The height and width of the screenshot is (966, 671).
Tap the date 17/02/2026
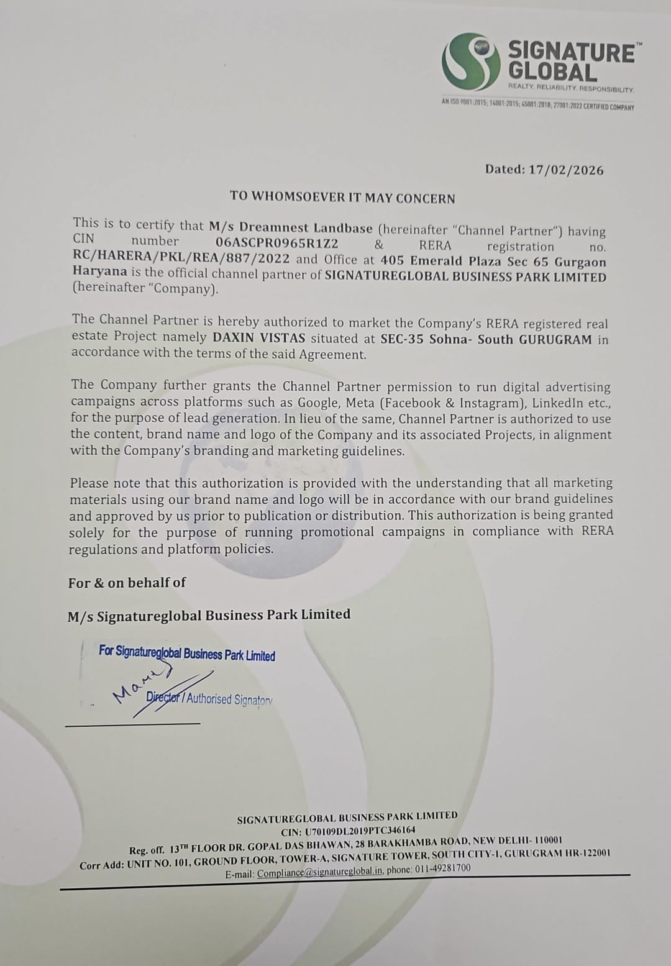(x=566, y=170)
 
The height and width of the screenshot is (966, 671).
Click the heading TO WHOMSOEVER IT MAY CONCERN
(x=342, y=198)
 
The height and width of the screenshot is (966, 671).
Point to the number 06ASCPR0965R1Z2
(x=276, y=244)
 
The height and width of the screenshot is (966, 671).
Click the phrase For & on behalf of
(x=127, y=583)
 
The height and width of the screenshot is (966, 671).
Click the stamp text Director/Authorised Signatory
(x=209, y=698)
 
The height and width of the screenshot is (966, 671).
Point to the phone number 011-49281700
(x=442, y=868)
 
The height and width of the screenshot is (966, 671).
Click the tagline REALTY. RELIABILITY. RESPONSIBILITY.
(x=571, y=89)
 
